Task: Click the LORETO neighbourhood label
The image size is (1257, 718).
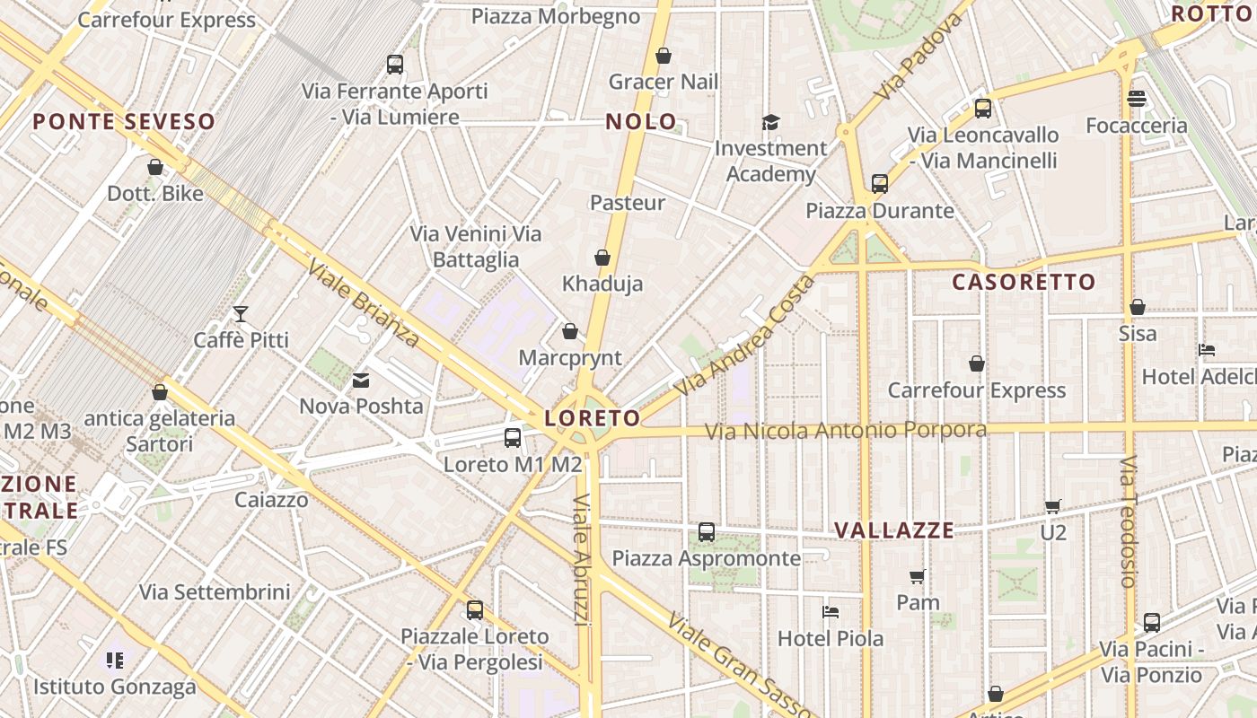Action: click(x=592, y=418)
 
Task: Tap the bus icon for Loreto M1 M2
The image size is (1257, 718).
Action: click(x=513, y=438)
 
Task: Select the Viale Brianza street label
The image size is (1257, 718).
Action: click(x=362, y=303)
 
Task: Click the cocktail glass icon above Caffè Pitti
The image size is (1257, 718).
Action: click(x=241, y=313)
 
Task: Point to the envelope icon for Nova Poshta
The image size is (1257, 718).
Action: click(x=361, y=381)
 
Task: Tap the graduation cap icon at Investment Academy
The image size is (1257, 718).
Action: click(x=770, y=122)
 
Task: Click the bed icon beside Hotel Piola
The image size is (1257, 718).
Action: click(x=831, y=612)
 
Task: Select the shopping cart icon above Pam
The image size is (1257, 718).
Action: click(x=917, y=576)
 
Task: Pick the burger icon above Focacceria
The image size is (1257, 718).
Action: click(x=1137, y=99)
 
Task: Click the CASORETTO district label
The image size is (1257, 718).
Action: click(x=1024, y=282)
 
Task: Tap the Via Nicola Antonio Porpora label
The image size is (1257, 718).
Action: click(x=845, y=431)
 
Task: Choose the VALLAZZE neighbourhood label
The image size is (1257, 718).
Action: click(x=894, y=530)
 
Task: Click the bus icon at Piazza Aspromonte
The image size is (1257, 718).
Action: click(x=707, y=532)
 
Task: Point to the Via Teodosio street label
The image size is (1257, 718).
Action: click(x=1129, y=521)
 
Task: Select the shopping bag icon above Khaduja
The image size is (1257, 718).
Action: click(x=602, y=258)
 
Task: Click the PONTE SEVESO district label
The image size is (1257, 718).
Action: click(x=125, y=122)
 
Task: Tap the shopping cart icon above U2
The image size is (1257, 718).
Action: click(x=1052, y=507)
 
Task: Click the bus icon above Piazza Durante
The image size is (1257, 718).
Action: click(x=879, y=184)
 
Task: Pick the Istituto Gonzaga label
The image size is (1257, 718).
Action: click(x=115, y=687)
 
